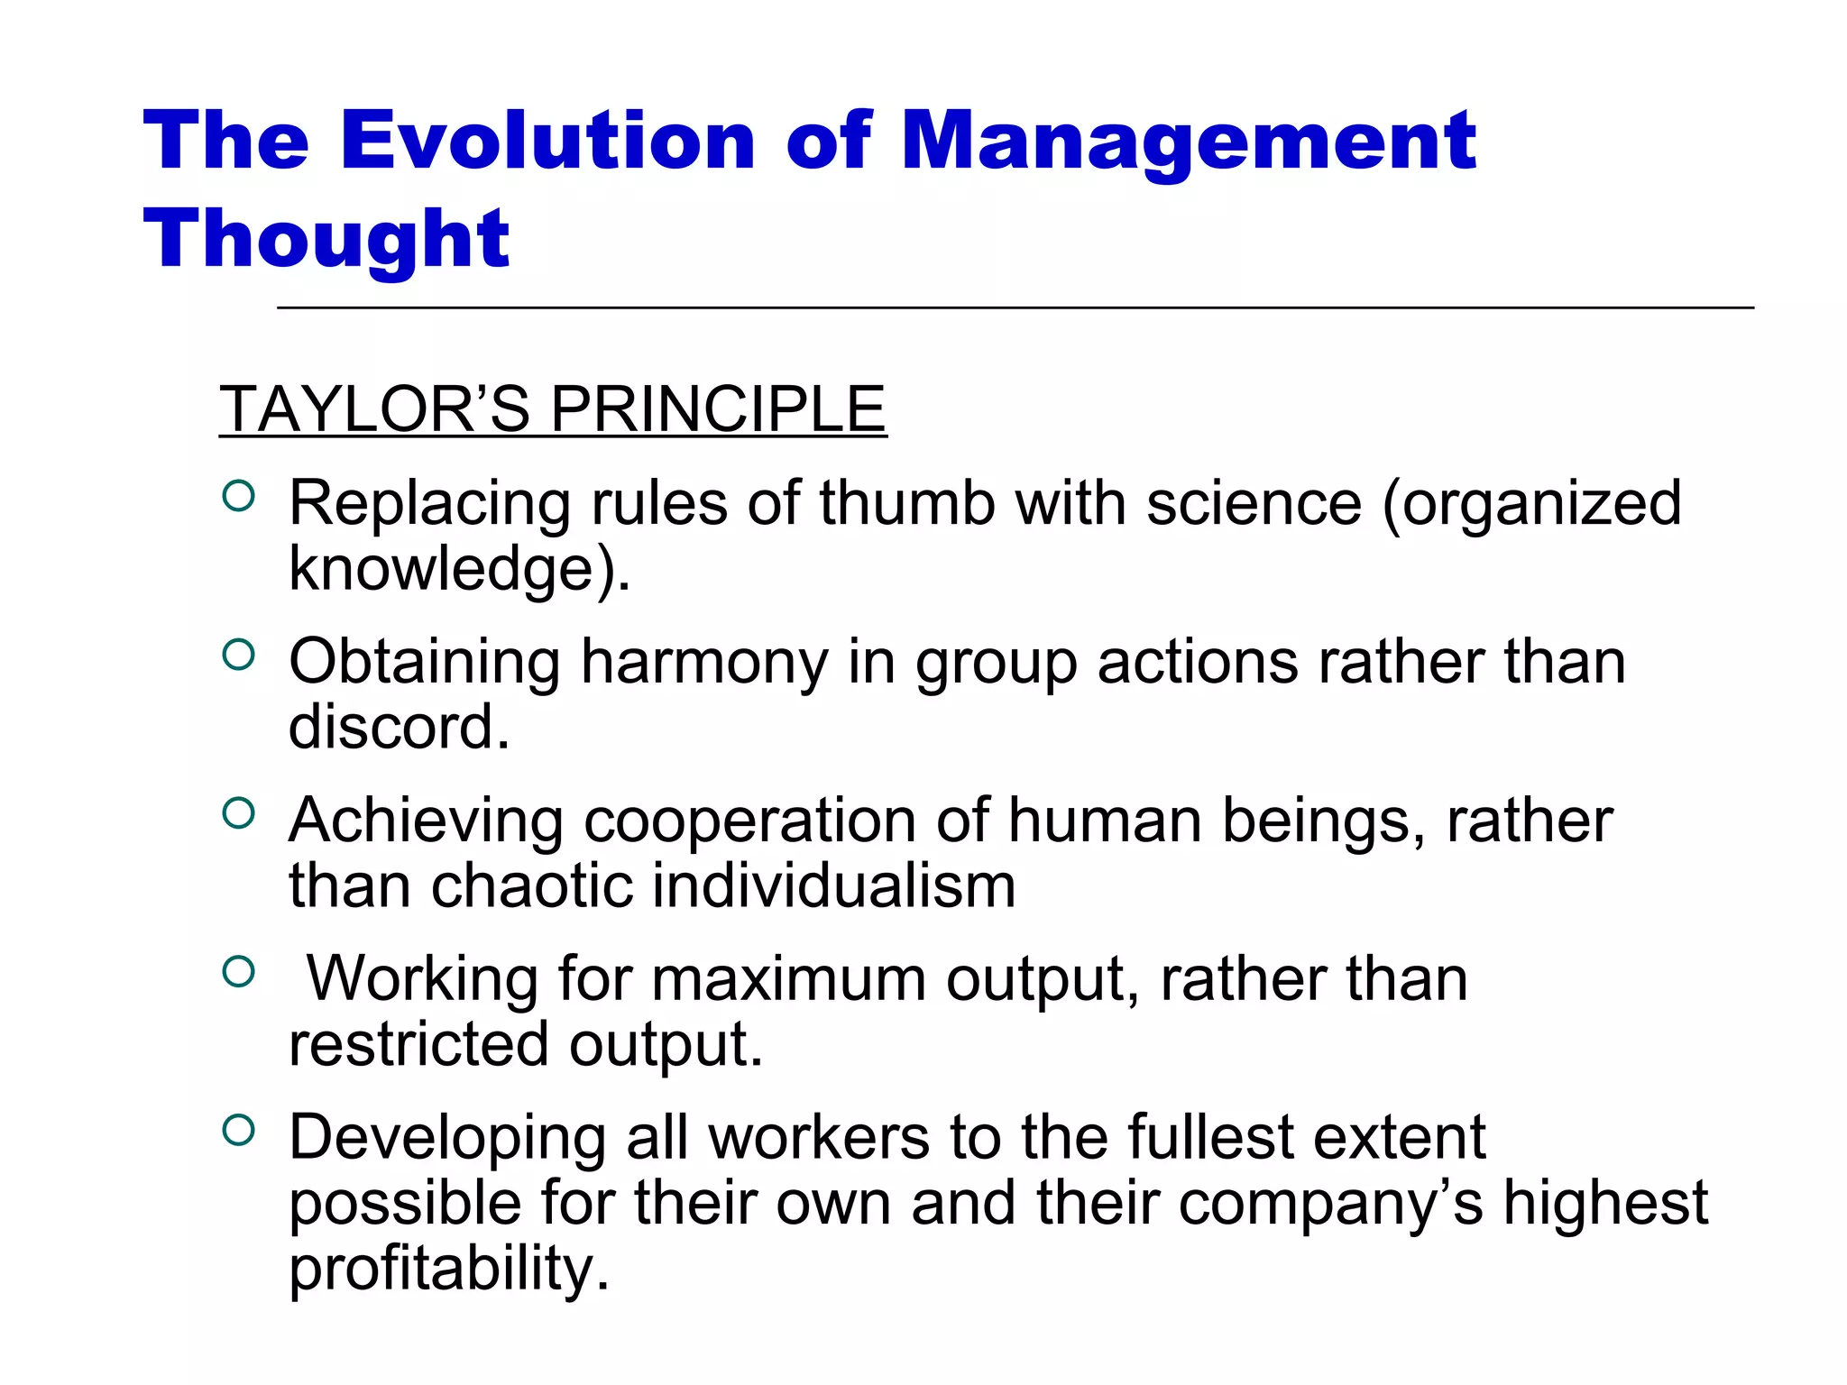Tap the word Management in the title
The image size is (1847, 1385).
click(x=1189, y=142)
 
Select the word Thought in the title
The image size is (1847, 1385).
click(x=326, y=239)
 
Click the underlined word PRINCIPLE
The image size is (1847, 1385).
click(x=718, y=409)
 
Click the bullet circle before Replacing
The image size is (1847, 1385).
click(x=238, y=496)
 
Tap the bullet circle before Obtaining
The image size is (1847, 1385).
click(x=238, y=655)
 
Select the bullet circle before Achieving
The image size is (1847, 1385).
click(x=238, y=813)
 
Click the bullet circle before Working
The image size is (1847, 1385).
click(x=238, y=972)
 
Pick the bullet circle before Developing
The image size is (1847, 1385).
click(x=238, y=1130)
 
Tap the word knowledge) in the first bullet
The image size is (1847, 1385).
click(x=459, y=570)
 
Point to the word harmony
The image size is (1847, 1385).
click(x=703, y=663)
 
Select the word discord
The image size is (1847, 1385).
click(x=399, y=727)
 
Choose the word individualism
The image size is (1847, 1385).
click(x=833, y=885)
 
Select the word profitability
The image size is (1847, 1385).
click(x=449, y=1269)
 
